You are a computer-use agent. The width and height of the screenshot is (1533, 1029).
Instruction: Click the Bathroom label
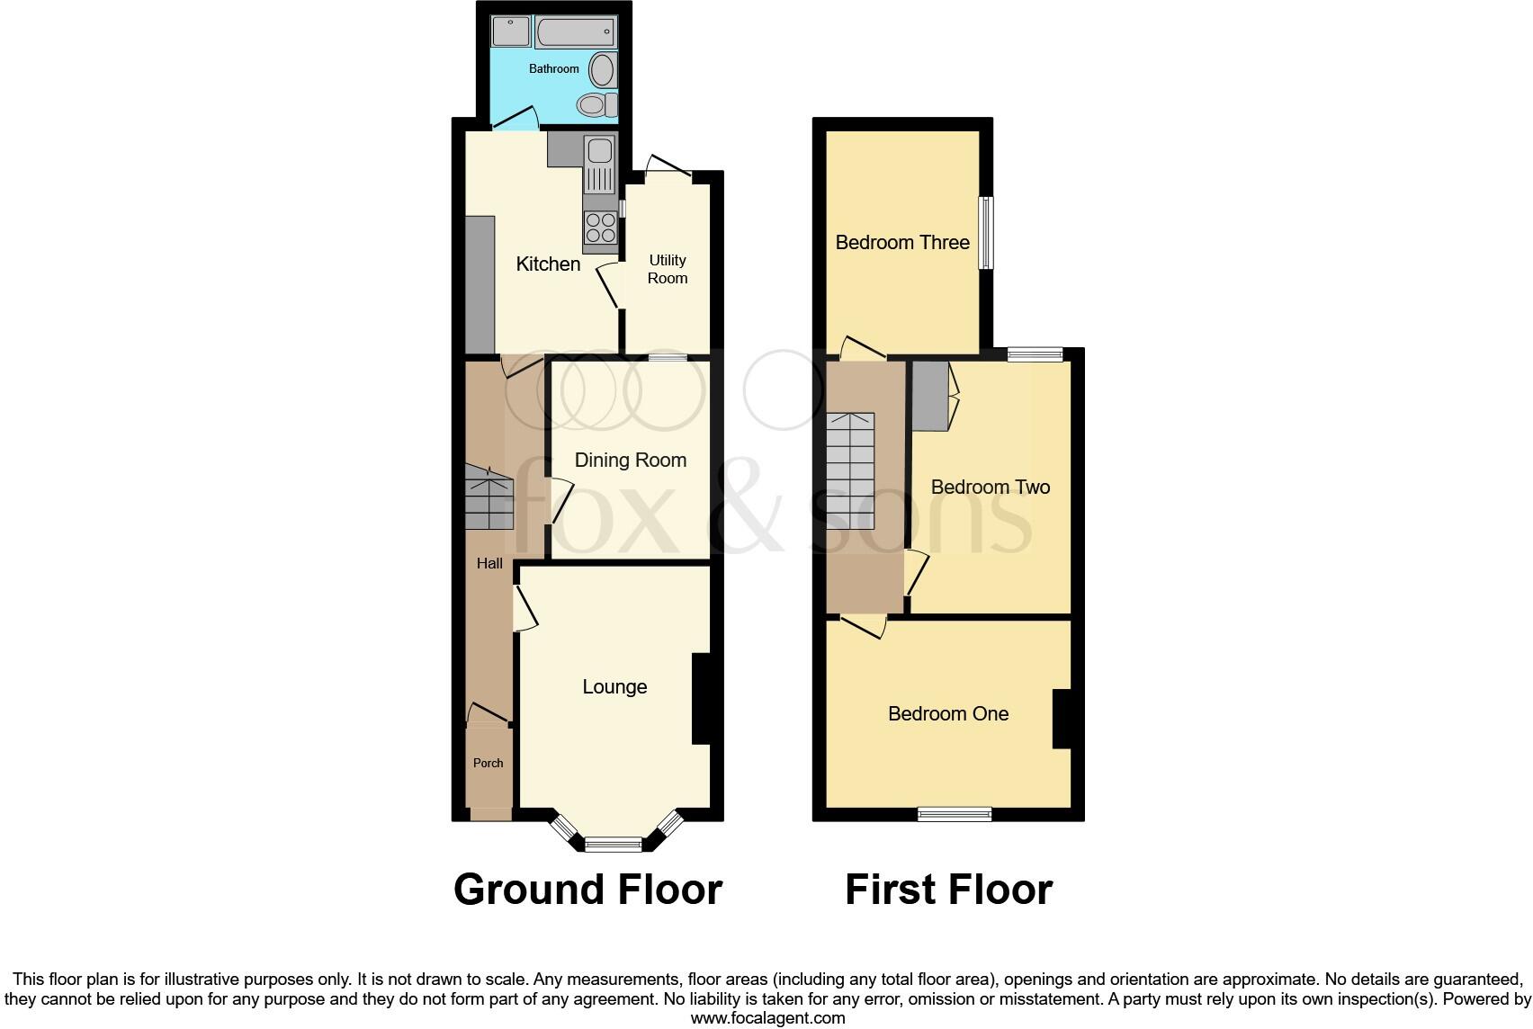point(553,68)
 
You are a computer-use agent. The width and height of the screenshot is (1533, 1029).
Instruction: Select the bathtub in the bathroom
point(576,34)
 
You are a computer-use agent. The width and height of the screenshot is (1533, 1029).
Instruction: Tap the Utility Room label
point(668,269)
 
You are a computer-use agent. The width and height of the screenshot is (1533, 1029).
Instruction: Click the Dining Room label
point(630,461)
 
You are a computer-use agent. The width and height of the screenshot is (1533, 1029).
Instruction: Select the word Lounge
point(614,687)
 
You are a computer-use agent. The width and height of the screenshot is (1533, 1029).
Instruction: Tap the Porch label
point(489,763)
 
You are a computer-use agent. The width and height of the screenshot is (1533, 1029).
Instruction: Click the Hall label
point(489,564)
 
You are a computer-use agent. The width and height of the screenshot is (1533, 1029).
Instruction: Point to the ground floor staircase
point(489,499)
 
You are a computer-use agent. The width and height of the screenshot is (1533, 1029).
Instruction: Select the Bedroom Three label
point(902,242)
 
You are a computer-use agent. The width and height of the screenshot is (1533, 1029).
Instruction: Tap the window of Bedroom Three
point(987,233)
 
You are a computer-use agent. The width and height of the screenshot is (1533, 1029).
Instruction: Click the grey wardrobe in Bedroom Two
point(930,397)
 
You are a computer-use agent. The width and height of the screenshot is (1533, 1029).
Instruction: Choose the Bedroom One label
point(948,714)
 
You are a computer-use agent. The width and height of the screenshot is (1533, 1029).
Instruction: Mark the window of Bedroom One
point(955,814)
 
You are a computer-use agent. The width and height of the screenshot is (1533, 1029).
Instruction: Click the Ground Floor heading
point(587,890)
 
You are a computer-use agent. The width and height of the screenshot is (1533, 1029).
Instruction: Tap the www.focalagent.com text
point(767,1018)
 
